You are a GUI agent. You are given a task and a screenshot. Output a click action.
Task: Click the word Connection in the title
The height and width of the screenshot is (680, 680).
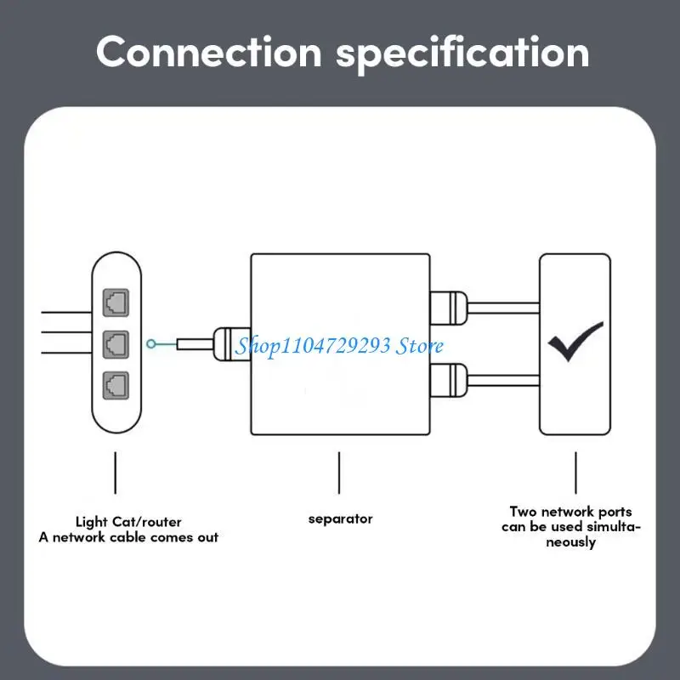click(209, 52)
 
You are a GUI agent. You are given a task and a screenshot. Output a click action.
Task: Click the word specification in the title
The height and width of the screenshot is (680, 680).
click(462, 52)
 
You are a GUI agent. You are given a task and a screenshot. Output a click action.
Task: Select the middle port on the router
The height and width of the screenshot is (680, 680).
click(116, 343)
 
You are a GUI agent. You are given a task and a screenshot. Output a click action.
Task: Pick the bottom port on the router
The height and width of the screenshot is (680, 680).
click(116, 384)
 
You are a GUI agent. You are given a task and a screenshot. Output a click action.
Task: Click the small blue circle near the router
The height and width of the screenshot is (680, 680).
click(151, 344)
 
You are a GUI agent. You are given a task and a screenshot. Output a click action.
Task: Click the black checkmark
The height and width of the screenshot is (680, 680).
click(575, 341)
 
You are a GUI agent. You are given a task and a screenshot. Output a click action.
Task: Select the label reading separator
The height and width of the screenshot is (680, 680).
click(340, 518)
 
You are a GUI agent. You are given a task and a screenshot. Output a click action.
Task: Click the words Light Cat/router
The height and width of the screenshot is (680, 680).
click(128, 522)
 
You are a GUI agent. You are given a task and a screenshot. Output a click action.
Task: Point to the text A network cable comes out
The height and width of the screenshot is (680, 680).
click(128, 537)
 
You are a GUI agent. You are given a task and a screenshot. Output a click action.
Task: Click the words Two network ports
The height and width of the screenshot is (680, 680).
click(570, 512)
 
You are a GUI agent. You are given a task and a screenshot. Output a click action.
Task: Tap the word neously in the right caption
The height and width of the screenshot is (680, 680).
click(570, 542)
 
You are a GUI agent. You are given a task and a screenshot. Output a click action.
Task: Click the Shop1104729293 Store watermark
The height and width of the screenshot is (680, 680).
click(340, 346)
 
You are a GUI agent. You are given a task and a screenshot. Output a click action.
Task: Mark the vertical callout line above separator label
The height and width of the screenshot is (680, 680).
click(339, 473)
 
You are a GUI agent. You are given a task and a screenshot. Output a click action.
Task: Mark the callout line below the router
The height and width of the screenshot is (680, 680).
click(115, 473)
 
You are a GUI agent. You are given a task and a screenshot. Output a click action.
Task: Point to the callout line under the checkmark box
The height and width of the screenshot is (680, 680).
click(575, 473)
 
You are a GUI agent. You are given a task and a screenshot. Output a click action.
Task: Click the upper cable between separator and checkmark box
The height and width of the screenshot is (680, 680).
click(501, 306)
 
